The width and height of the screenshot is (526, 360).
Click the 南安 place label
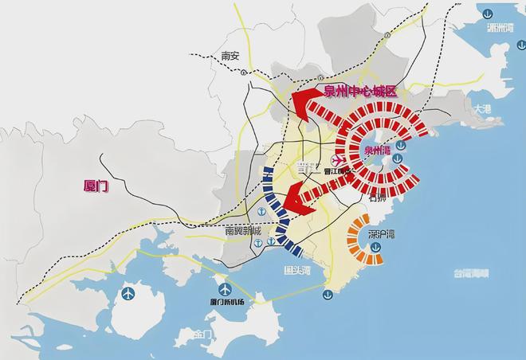tap(230, 57)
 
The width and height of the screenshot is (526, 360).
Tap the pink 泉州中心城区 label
tap(360, 92)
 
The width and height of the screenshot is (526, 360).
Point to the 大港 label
tap(481, 108)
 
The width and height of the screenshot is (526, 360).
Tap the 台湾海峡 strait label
tap(469, 273)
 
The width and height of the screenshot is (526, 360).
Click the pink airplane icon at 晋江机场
tap(339, 162)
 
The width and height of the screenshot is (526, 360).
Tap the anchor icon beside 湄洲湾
tap(486, 12)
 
